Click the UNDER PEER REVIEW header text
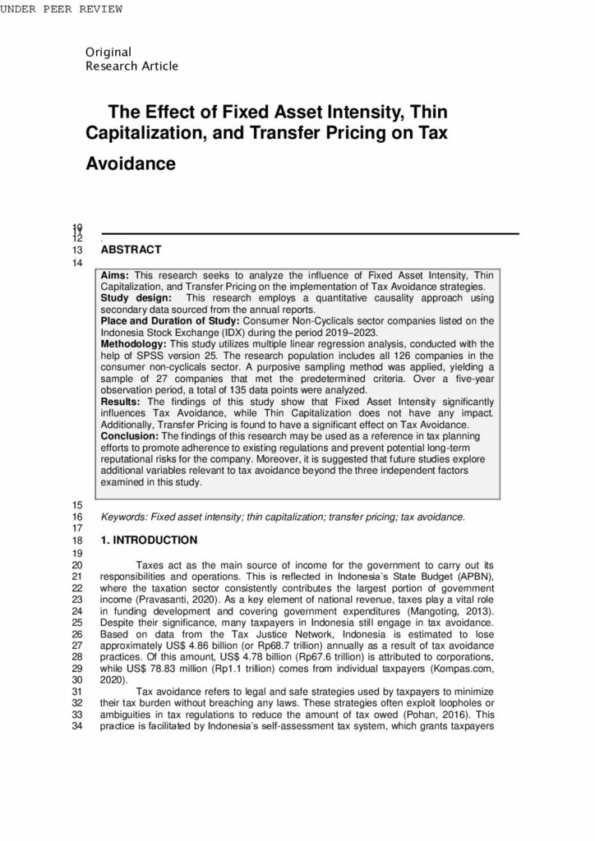(x=62, y=9)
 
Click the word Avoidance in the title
(x=131, y=163)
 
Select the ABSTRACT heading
(x=131, y=250)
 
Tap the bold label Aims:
(x=116, y=274)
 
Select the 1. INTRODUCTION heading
(x=149, y=540)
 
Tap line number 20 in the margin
(x=79, y=565)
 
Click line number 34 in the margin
(x=79, y=726)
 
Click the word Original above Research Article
(x=107, y=53)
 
